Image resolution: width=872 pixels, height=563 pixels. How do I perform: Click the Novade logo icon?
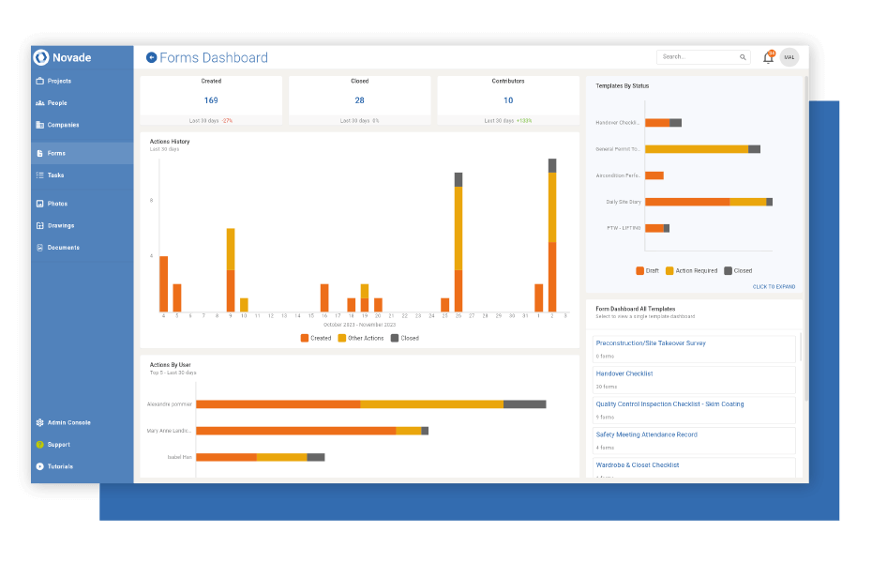click(41, 57)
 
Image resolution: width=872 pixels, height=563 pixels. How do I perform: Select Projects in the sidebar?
click(59, 82)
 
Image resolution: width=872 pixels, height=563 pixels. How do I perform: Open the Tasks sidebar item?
click(55, 175)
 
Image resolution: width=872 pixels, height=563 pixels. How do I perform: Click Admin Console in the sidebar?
click(68, 423)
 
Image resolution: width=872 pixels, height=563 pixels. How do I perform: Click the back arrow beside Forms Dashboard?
click(152, 57)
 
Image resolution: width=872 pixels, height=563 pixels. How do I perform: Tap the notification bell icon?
click(768, 57)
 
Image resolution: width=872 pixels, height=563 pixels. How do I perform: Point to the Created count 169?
click(211, 100)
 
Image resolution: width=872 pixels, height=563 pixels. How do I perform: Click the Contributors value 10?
click(508, 100)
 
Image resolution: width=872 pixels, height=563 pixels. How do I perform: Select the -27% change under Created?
click(227, 121)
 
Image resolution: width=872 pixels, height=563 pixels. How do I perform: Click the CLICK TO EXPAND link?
click(774, 286)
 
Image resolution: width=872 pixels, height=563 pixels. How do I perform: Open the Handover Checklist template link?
click(624, 373)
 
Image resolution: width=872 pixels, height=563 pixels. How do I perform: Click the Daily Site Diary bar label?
click(624, 202)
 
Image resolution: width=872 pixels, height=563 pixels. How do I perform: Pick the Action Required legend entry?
click(696, 270)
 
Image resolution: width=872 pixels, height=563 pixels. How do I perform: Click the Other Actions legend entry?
click(365, 338)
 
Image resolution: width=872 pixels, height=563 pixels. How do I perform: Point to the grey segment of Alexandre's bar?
click(524, 404)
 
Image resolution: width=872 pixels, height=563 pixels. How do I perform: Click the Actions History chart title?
click(170, 142)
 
